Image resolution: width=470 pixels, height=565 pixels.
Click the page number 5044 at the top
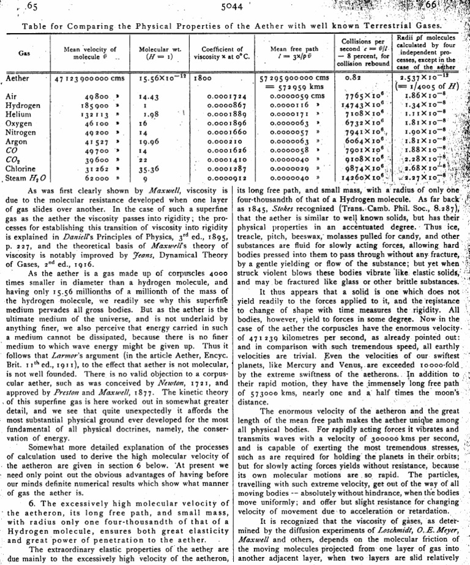(x=234, y=9)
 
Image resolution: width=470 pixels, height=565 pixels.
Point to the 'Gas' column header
(x=25, y=53)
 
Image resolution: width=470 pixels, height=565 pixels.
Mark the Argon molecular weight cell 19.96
(x=149, y=142)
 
